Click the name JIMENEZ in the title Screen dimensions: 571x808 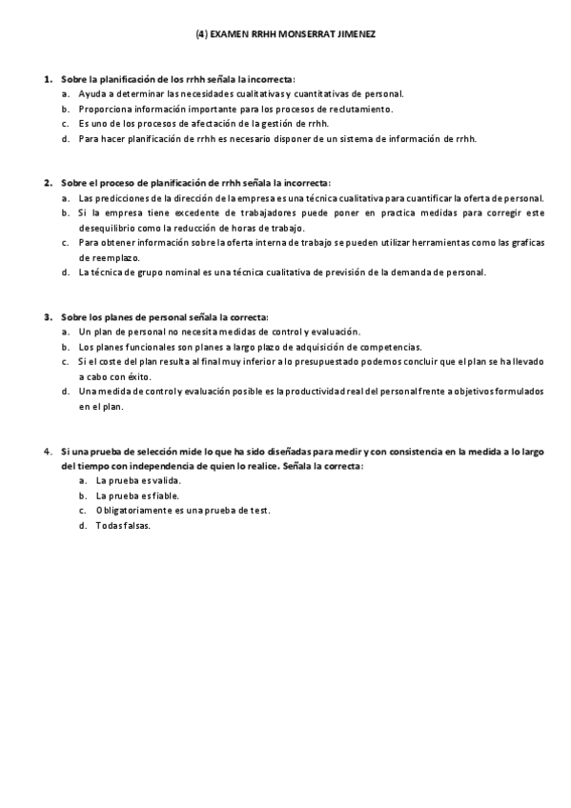coord(355,34)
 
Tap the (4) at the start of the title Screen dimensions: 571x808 coord(201,34)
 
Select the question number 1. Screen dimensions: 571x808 coord(47,79)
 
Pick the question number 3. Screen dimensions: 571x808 coord(47,316)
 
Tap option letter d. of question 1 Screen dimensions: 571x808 coord(65,138)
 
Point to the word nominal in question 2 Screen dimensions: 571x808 coord(179,273)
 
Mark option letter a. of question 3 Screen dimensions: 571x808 coord(65,332)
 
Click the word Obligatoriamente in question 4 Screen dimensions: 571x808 coord(130,511)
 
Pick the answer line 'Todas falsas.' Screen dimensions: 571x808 coord(123,526)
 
